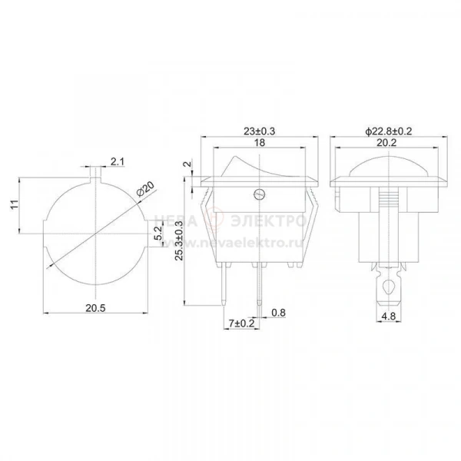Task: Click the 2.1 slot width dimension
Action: (x=118, y=161)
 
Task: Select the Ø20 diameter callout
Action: (x=145, y=189)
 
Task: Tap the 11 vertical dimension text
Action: (x=15, y=204)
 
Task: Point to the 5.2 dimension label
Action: (x=158, y=233)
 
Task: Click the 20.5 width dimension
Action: (x=95, y=308)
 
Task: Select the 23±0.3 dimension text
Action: (x=260, y=131)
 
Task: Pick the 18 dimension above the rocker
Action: (x=260, y=143)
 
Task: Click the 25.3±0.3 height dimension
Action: (x=179, y=240)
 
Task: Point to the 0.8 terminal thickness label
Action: (x=278, y=313)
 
